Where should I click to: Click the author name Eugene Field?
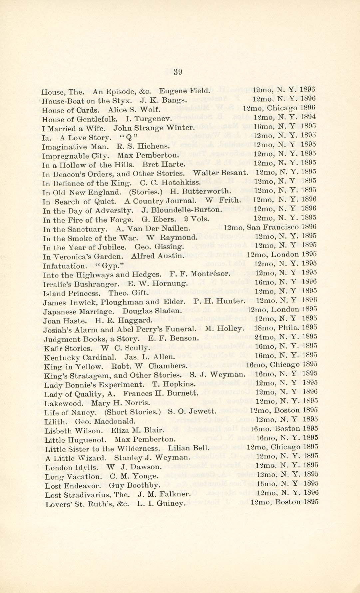(185, 91)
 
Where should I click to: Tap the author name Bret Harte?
(164, 164)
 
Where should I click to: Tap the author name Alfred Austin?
(158, 256)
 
